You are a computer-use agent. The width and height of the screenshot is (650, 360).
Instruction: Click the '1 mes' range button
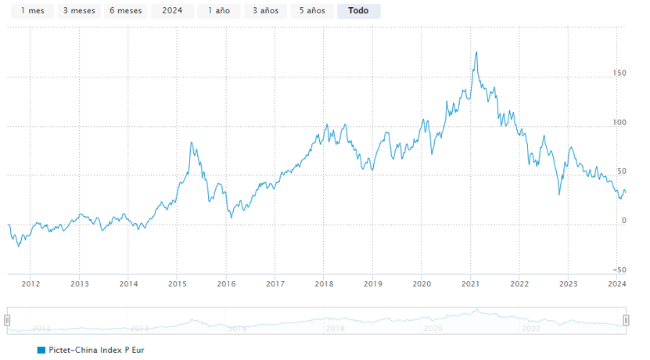tap(32, 11)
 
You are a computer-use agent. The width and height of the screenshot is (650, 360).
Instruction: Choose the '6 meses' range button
tap(125, 11)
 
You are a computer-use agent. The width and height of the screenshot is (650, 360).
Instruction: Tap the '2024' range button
tap(171, 11)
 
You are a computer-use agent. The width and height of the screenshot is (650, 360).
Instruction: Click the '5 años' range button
tap(311, 11)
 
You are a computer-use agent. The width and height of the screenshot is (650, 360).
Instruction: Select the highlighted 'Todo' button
tap(358, 11)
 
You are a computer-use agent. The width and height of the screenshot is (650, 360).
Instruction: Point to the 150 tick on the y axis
tap(619, 73)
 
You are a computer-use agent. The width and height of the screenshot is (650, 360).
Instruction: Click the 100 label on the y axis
tap(619, 122)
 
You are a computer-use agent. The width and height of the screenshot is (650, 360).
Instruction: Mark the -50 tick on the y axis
tap(619, 269)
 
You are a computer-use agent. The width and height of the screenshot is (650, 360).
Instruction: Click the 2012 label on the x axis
tap(31, 284)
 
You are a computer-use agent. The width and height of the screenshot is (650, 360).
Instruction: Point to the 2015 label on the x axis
tap(177, 284)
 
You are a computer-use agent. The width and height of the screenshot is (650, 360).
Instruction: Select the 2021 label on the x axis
tap(470, 284)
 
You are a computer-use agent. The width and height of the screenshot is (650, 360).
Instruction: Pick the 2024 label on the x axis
tap(616, 284)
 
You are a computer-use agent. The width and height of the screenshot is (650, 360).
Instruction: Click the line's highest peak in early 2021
tap(476, 52)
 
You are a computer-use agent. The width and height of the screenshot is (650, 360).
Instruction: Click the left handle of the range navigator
tap(7, 320)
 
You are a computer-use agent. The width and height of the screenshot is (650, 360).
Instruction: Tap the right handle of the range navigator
tap(626, 320)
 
